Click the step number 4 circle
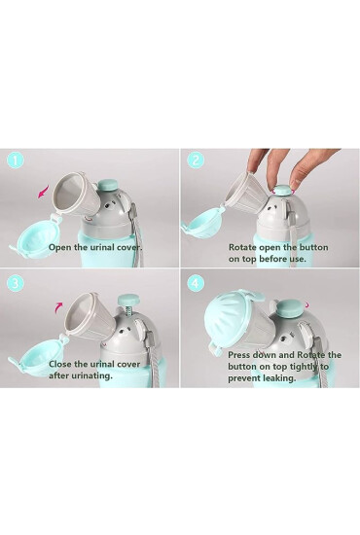195,285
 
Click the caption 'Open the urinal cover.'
95,247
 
